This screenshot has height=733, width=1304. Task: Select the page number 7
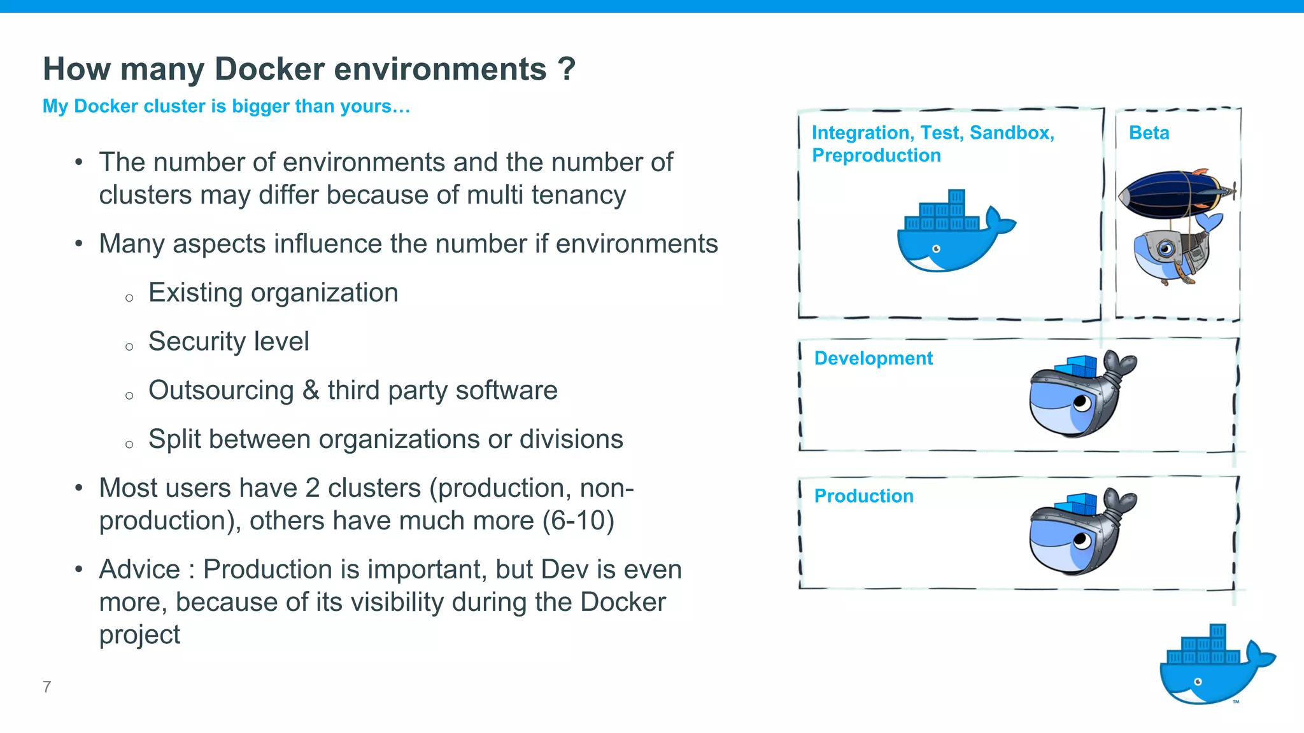click(46, 687)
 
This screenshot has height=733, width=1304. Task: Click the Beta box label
click(1149, 133)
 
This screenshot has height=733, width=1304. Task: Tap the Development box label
click(873, 358)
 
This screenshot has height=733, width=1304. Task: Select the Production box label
click(863, 496)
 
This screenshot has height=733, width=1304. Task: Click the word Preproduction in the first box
click(876, 155)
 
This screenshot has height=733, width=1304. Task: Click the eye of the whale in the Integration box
click(936, 249)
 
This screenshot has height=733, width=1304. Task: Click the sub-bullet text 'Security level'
click(229, 342)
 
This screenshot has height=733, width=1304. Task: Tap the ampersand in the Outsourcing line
click(311, 390)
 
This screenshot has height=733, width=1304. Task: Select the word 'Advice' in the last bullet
click(139, 569)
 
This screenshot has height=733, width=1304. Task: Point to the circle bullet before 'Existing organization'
click(129, 298)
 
